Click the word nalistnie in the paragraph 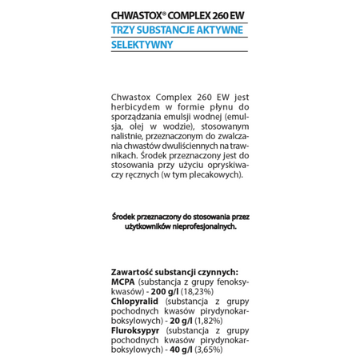coord(128,137)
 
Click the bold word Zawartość coord(134,272)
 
